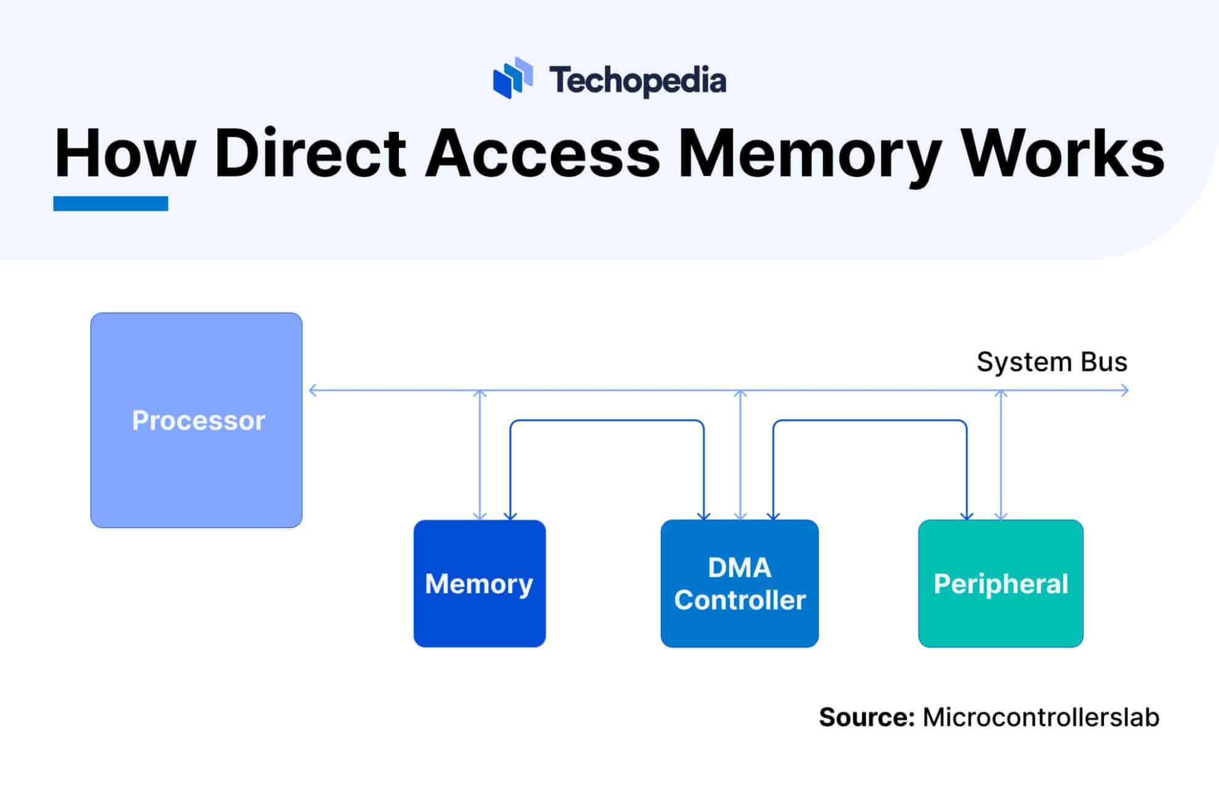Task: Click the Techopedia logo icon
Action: [x=512, y=78]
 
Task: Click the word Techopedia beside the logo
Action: [x=638, y=81]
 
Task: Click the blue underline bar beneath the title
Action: [x=111, y=204]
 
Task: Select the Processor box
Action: [x=196, y=420]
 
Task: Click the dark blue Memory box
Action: [x=480, y=583]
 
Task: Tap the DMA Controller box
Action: [x=739, y=583]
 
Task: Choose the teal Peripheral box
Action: [x=1000, y=583]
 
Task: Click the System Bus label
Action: [x=1052, y=362]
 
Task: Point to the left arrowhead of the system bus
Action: [x=313, y=390]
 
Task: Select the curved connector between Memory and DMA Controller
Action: [x=607, y=421]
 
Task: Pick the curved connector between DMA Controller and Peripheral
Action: [x=870, y=421]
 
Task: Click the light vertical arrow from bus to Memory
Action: [x=480, y=455]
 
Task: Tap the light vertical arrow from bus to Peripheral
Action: [x=1001, y=455]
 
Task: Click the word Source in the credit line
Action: [x=866, y=718]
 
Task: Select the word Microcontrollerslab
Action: [x=1040, y=718]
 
